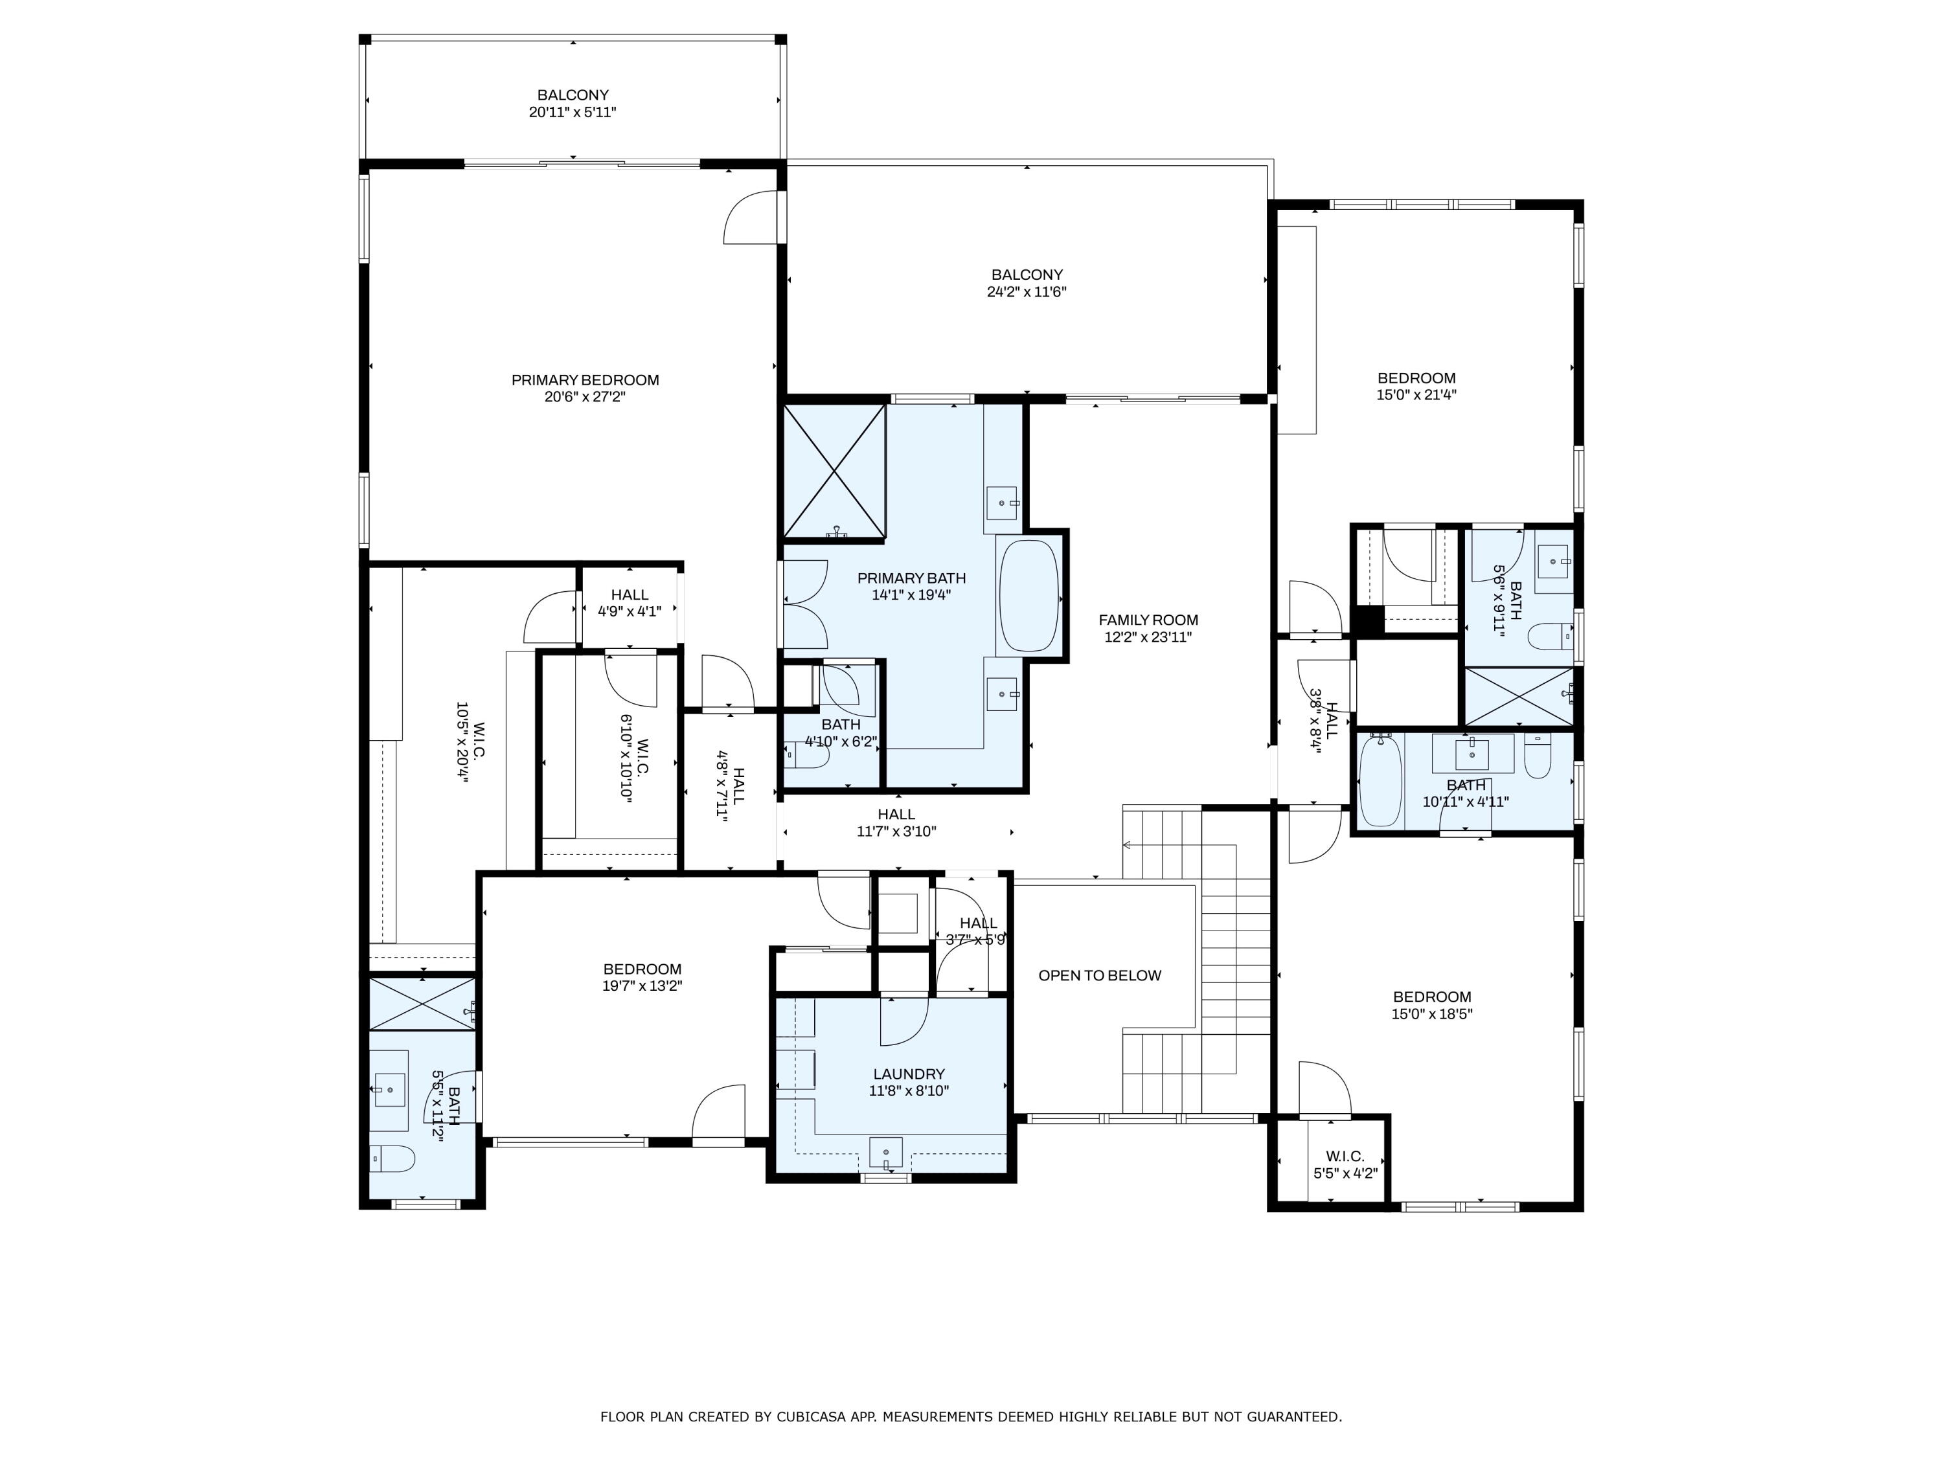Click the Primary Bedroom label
[x=585, y=380]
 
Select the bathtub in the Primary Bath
[x=1028, y=596]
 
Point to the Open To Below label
[x=1099, y=976]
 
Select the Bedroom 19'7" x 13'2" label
[x=642, y=969]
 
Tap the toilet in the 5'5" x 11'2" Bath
[x=392, y=1159]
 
